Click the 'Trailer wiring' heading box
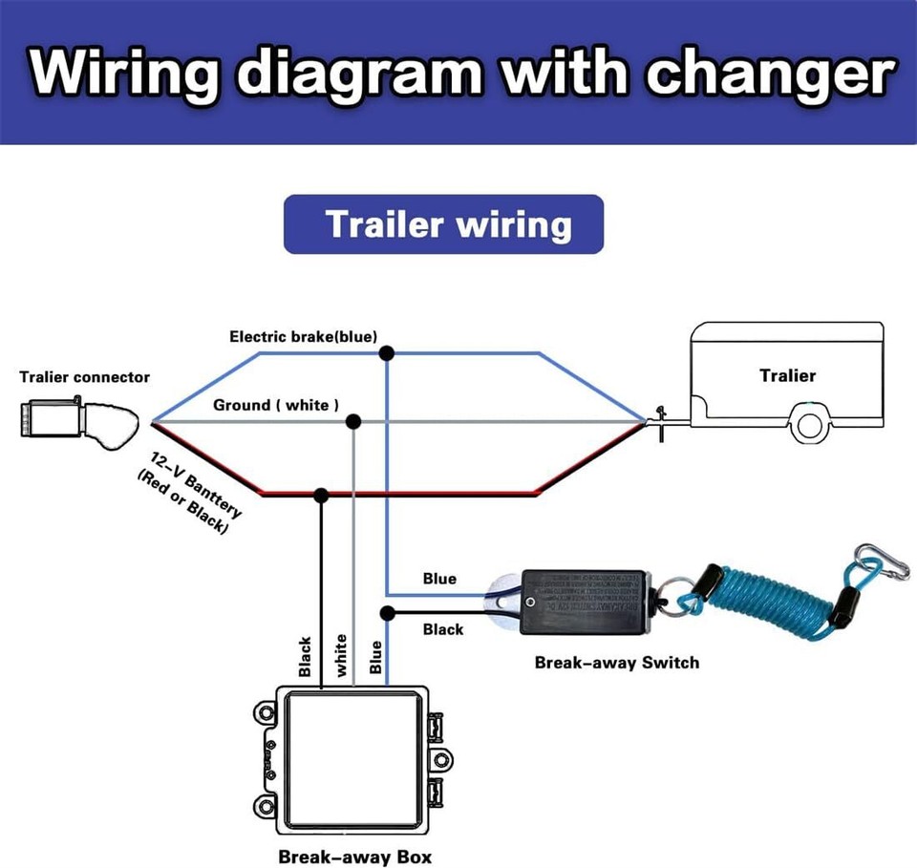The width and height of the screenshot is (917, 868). [443, 224]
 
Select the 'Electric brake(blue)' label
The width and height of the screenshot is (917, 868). [303, 336]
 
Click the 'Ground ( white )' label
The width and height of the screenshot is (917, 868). [275, 405]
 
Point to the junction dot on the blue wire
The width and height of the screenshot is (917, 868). [387, 353]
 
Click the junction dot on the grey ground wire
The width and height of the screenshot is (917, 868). [353, 421]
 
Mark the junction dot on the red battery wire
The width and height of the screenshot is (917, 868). [321, 495]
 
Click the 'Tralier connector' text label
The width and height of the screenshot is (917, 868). [84, 377]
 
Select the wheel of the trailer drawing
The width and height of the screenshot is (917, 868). [808, 426]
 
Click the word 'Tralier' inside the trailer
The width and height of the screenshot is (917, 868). [787, 375]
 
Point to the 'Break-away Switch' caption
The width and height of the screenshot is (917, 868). [616, 662]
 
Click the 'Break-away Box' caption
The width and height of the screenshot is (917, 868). [348, 856]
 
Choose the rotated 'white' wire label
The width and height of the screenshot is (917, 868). [341, 656]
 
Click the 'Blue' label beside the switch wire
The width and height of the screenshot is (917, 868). [439, 579]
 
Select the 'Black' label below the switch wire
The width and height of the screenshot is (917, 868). [442, 629]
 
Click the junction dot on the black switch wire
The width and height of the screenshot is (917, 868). [387, 612]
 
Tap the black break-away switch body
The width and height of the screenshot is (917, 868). [584, 602]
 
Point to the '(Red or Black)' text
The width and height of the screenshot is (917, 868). [182, 503]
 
